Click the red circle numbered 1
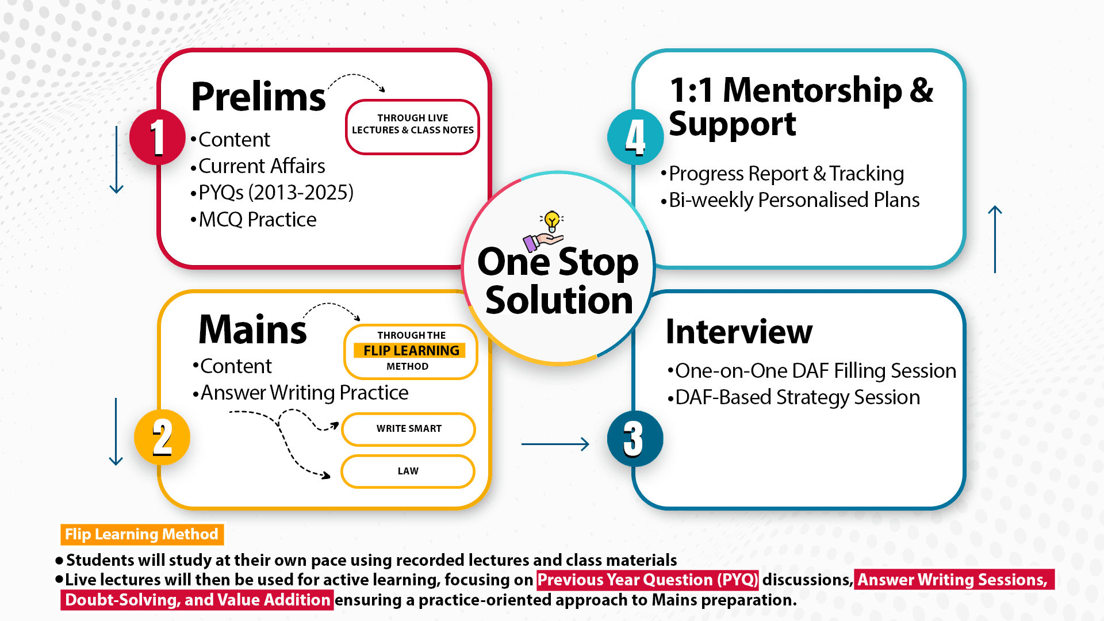click(x=157, y=137)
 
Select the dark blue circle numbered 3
click(x=635, y=439)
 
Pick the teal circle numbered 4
click(x=635, y=137)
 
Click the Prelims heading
click(x=258, y=97)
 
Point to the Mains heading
click(x=252, y=329)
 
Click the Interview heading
click(x=739, y=332)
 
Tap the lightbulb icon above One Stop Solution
click(x=552, y=221)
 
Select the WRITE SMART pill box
click(x=408, y=429)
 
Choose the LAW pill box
click(x=408, y=471)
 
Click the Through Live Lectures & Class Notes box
click(x=412, y=126)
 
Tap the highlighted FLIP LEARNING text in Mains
click(x=411, y=351)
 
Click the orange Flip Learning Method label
click(x=141, y=534)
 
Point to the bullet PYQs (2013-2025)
click(x=275, y=193)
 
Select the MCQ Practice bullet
click(x=257, y=220)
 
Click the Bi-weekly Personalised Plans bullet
click(x=793, y=200)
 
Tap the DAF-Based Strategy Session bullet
click(x=797, y=397)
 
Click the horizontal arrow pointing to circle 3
click(x=555, y=444)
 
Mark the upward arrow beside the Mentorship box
click(x=995, y=239)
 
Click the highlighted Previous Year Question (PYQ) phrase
click(x=647, y=580)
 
